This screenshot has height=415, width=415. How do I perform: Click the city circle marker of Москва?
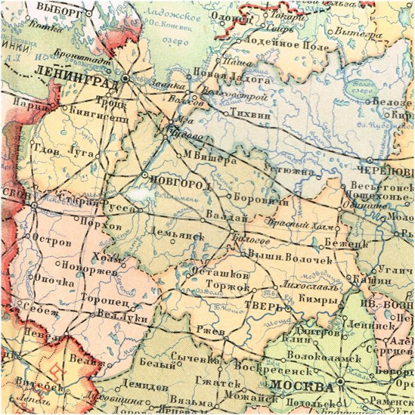point(342,381)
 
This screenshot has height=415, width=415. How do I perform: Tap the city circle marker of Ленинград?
point(125,79)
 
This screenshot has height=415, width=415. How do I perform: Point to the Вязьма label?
point(188,403)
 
